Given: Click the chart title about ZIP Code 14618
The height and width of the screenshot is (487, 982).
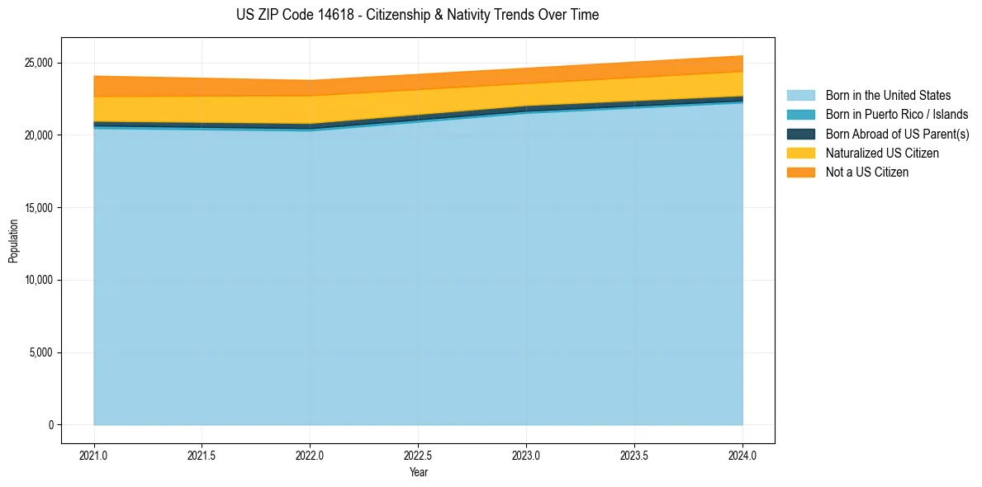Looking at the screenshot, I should coord(417,15).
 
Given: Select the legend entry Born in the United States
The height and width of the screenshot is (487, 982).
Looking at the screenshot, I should coord(888,96).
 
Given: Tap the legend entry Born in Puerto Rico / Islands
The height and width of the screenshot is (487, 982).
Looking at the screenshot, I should coord(896,115).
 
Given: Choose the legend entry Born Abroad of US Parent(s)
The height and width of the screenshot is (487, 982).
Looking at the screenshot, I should coord(897,134).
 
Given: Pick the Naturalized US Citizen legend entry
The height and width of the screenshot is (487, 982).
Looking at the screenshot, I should coord(882,154).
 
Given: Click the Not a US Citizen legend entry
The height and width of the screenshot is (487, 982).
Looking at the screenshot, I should coord(866,173).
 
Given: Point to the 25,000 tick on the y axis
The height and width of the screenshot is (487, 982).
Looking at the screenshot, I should coord(38,63).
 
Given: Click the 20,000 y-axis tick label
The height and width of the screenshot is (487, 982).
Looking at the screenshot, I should coord(38,135).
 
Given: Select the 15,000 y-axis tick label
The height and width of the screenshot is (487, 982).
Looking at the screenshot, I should coord(38,208).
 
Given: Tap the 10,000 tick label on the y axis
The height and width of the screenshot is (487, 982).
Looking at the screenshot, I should coord(38,281).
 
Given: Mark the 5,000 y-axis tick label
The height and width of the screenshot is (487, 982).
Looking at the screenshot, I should coord(40,353).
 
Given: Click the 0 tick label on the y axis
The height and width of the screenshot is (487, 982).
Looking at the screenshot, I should coord(50,425).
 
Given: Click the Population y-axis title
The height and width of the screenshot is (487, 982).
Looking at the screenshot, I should coord(13,241).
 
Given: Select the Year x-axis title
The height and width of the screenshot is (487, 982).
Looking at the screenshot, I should coord(418,473).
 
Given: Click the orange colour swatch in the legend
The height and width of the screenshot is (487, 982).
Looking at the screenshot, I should coord(800,173).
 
